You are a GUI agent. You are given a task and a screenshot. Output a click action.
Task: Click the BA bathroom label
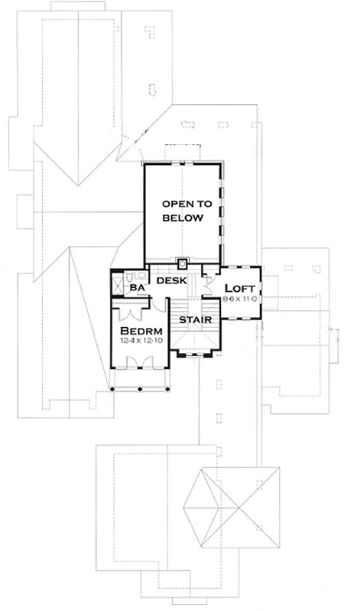pos(138,288)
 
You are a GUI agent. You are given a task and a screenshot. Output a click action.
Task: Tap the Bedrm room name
pos(138,330)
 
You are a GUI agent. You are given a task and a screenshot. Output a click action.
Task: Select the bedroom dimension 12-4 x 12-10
pos(138,340)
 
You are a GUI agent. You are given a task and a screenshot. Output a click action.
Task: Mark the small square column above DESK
pos(182,264)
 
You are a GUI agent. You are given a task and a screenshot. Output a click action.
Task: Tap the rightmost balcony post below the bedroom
pos(165,390)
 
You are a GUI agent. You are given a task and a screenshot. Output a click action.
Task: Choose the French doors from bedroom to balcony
pos(140,365)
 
